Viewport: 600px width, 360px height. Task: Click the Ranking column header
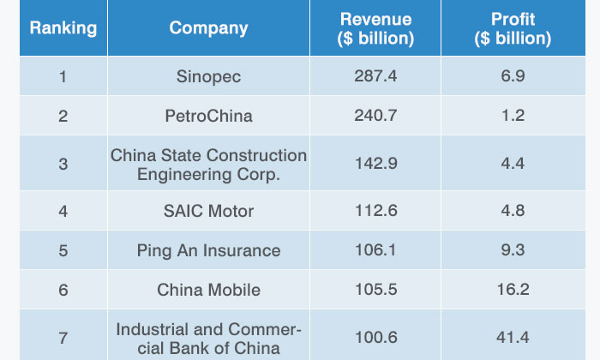coord(63,28)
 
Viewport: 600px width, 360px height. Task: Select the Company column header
coord(208,28)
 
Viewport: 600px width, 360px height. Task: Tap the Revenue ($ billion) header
coord(375,29)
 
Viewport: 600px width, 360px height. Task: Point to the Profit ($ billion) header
coord(513,29)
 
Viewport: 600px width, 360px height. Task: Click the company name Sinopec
coord(208,77)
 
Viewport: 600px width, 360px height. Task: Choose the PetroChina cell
coord(208,116)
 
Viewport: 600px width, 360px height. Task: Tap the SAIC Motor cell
coord(208,211)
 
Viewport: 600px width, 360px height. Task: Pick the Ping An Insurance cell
coord(208,250)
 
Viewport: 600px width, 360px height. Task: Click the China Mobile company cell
coord(208,290)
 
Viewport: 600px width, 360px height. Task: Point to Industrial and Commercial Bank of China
coord(208,338)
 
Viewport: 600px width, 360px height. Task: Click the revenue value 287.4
coord(375,77)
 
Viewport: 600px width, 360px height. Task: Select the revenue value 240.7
coord(375,116)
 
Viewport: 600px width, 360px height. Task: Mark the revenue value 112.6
coord(375,211)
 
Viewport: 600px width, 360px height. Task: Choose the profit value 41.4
coord(513,338)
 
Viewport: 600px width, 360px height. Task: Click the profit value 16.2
coord(513,290)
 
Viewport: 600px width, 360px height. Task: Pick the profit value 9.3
coord(513,250)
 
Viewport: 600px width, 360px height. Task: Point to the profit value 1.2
coord(513,116)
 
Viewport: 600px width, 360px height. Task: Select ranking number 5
coord(63,250)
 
